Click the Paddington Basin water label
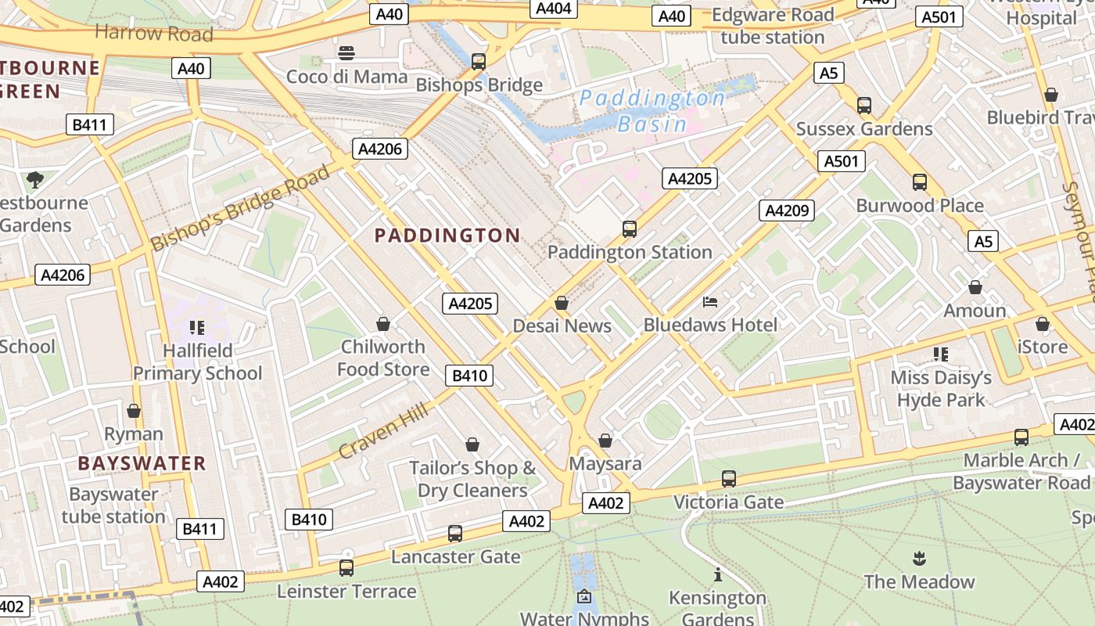(652, 110)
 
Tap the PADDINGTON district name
(447, 236)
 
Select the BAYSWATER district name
(142, 463)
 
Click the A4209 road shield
(787, 210)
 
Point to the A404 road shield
(555, 9)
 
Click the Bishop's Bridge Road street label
(240, 208)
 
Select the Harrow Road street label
(153, 33)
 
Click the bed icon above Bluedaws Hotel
(710, 301)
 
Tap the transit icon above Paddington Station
(630, 229)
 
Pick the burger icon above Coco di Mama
(346, 53)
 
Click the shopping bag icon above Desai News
(562, 303)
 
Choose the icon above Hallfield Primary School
(196, 327)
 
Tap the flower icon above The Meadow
(919, 559)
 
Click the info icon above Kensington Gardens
(718, 575)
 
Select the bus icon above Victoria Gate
(729, 478)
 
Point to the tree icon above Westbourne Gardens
(34, 180)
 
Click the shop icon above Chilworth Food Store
(383, 323)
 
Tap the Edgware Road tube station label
(773, 26)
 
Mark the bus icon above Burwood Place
(920, 182)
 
